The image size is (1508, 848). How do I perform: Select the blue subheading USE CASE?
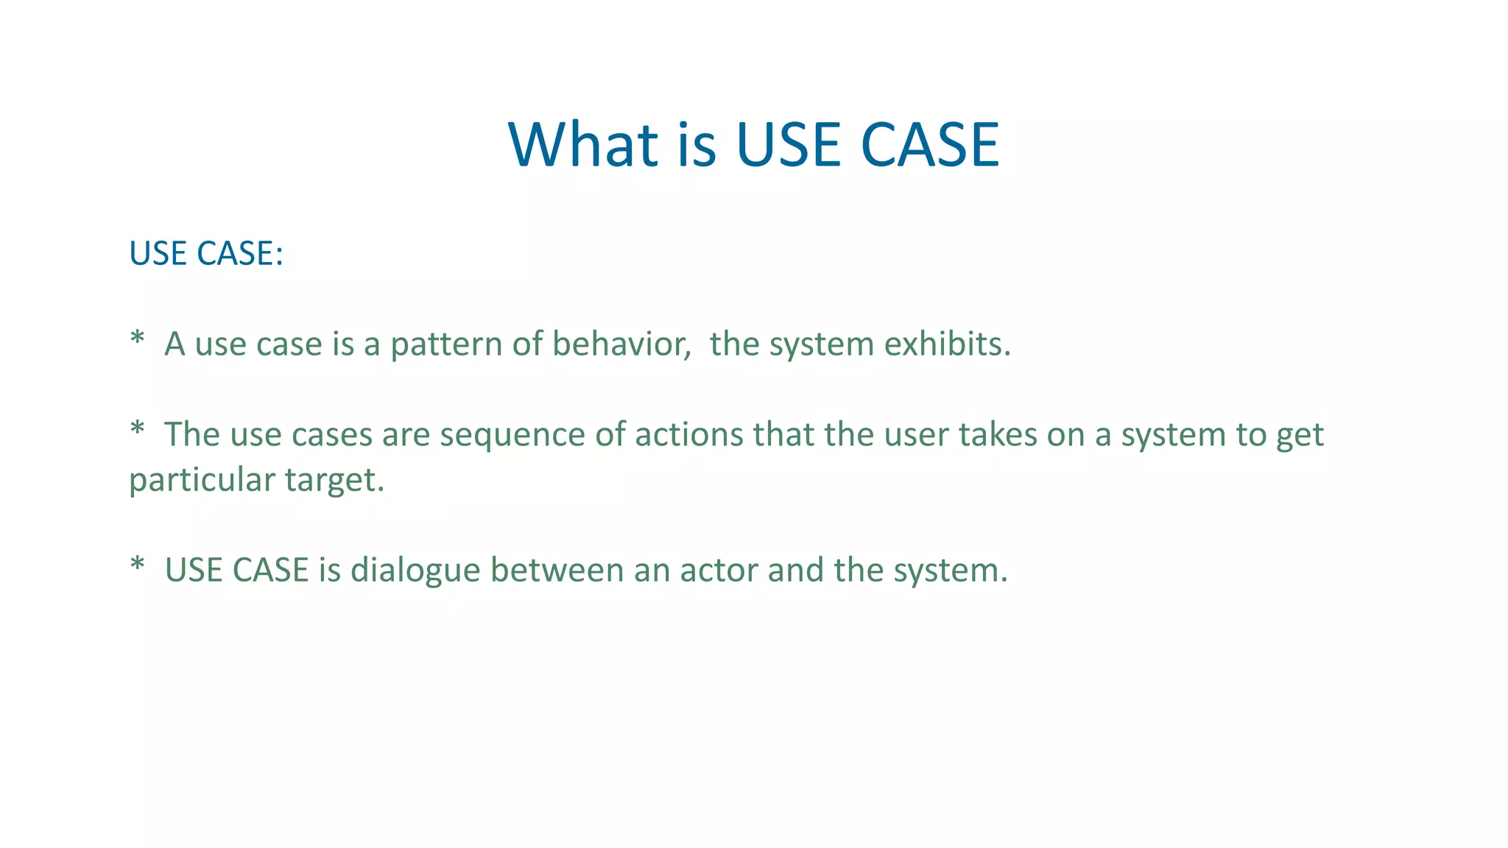coord(206,253)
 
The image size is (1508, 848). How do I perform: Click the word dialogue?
coord(415,570)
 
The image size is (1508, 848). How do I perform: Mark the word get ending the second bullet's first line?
coord(1300,436)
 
